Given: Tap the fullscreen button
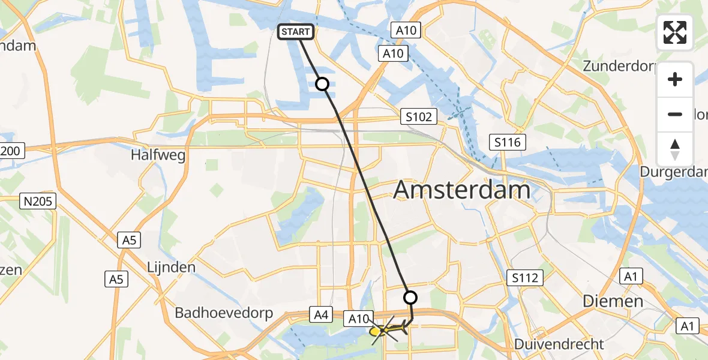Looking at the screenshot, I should coord(675,32).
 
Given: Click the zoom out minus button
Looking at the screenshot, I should coord(675,114).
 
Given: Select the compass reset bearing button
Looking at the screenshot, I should coord(675,149).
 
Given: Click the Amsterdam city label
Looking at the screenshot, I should coord(461,190).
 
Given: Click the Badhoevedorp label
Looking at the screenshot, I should coord(224,313).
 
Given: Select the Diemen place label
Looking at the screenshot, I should coord(614,301).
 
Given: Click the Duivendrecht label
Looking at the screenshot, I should coord(559,344).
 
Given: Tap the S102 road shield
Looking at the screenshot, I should coord(418,116).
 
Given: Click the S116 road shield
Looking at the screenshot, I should coord(508,142).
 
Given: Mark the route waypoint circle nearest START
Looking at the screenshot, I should coord(322,84).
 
